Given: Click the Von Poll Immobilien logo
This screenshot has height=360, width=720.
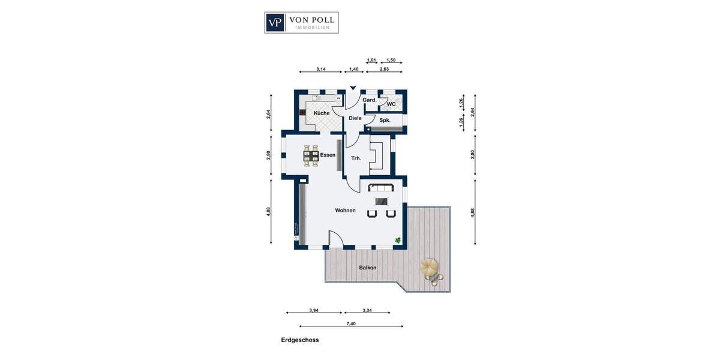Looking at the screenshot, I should point(301,23).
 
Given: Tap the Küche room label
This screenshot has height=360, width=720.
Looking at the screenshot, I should point(322,113).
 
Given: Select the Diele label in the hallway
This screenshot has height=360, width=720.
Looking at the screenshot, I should point(355,118).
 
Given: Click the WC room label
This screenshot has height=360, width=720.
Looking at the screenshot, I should point(391,104).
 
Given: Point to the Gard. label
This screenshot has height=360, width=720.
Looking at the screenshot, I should point(370,100).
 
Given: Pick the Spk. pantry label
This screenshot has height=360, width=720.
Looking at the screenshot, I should point(385,120).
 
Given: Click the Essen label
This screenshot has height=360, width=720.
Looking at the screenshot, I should point(328,155).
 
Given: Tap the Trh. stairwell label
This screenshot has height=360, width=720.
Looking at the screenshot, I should point(356,158).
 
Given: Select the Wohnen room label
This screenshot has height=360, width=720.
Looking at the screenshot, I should point(346,211).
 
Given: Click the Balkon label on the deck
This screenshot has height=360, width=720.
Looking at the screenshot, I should point(368,268).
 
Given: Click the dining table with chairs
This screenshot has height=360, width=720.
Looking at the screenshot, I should point(311,155).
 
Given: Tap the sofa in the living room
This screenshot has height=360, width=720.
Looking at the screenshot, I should point(381,188).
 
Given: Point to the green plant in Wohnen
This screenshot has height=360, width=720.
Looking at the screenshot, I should point(397,241).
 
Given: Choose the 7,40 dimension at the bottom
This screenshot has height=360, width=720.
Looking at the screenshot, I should point(351,323).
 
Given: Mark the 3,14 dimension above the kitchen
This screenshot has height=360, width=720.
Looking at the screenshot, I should point(321,70).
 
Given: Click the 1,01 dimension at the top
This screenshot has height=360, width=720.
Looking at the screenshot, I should point(371,60).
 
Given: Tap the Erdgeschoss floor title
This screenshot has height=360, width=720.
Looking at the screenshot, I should point(300,340).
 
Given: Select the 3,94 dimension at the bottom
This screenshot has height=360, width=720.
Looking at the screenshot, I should point(313,310).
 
